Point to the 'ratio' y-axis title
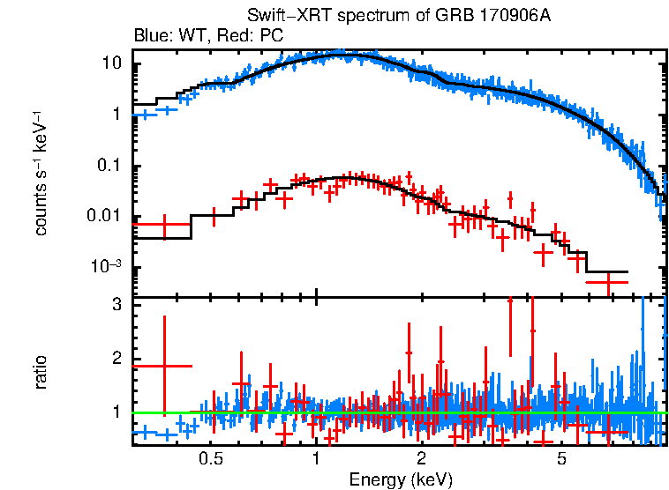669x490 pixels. tap(41, 373)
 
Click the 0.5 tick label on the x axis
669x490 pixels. tap(210, 459)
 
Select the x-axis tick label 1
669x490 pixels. tap(316, 459)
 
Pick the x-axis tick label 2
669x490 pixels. tap(422, 459)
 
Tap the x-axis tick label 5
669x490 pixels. tap(561, 459)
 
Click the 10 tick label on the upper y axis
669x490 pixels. tap(111, 63)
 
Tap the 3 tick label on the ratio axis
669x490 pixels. tap(115, 305)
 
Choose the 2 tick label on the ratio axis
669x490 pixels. tap(115, 359)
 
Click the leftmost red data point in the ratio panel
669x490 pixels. tap(162, 365)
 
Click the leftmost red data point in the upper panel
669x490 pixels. tap(162, 225)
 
